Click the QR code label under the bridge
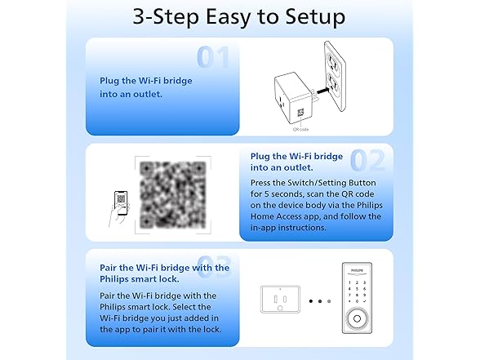(x=300, y=128)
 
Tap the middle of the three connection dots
(x=320, y=300)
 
